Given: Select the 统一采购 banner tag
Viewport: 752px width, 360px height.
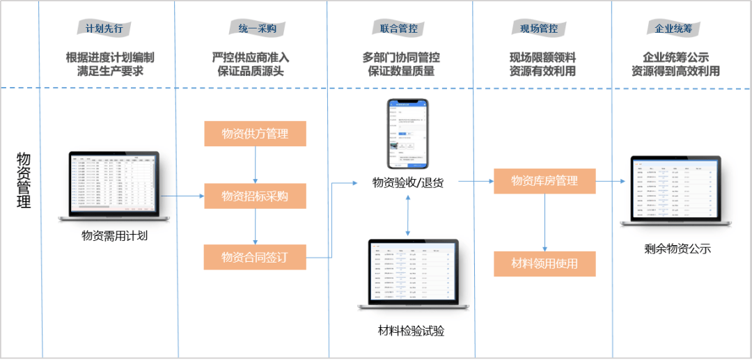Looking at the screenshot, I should point(252,29).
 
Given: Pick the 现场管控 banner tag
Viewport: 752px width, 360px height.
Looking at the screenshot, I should point(539,29).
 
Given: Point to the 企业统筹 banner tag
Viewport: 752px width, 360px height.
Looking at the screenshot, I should point(672,29).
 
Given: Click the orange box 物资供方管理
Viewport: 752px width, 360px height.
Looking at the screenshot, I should point(255,134).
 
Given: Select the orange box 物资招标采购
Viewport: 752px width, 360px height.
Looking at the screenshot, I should point(255,196).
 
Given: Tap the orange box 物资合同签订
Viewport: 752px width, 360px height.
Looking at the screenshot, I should point(255,257).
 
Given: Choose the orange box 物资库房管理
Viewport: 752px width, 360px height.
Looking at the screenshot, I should point(545,181).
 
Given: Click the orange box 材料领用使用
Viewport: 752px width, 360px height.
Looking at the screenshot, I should point(545,264).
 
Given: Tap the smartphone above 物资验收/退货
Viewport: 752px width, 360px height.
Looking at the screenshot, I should point(407,133).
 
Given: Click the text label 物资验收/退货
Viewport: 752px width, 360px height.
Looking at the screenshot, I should point(407,183).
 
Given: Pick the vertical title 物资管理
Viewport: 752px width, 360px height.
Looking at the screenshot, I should point(23,181).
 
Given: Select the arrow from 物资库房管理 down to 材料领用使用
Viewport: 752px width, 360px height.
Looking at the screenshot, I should point(545,223).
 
